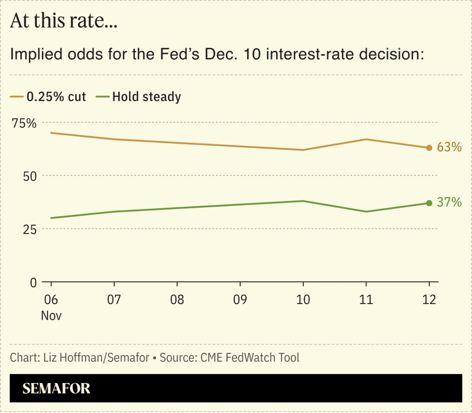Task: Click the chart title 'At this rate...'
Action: [64, 21]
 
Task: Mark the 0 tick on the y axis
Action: [33, 283]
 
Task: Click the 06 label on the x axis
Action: [51, 300]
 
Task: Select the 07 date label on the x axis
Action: [114, 300]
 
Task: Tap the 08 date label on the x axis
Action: [177, 300]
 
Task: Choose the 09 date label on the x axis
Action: [240, 300]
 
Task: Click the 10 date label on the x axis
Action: [303, 300]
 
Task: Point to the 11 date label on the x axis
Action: [366, 300]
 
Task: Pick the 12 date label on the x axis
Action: [429, 300]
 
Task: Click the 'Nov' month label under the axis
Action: [51, 316]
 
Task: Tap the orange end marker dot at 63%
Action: [429, 148]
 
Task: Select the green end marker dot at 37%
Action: [429, 203]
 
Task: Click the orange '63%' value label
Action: [449, 147]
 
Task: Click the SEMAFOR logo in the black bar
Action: [56, 388]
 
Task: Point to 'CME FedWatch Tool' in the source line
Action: [250, 358]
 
